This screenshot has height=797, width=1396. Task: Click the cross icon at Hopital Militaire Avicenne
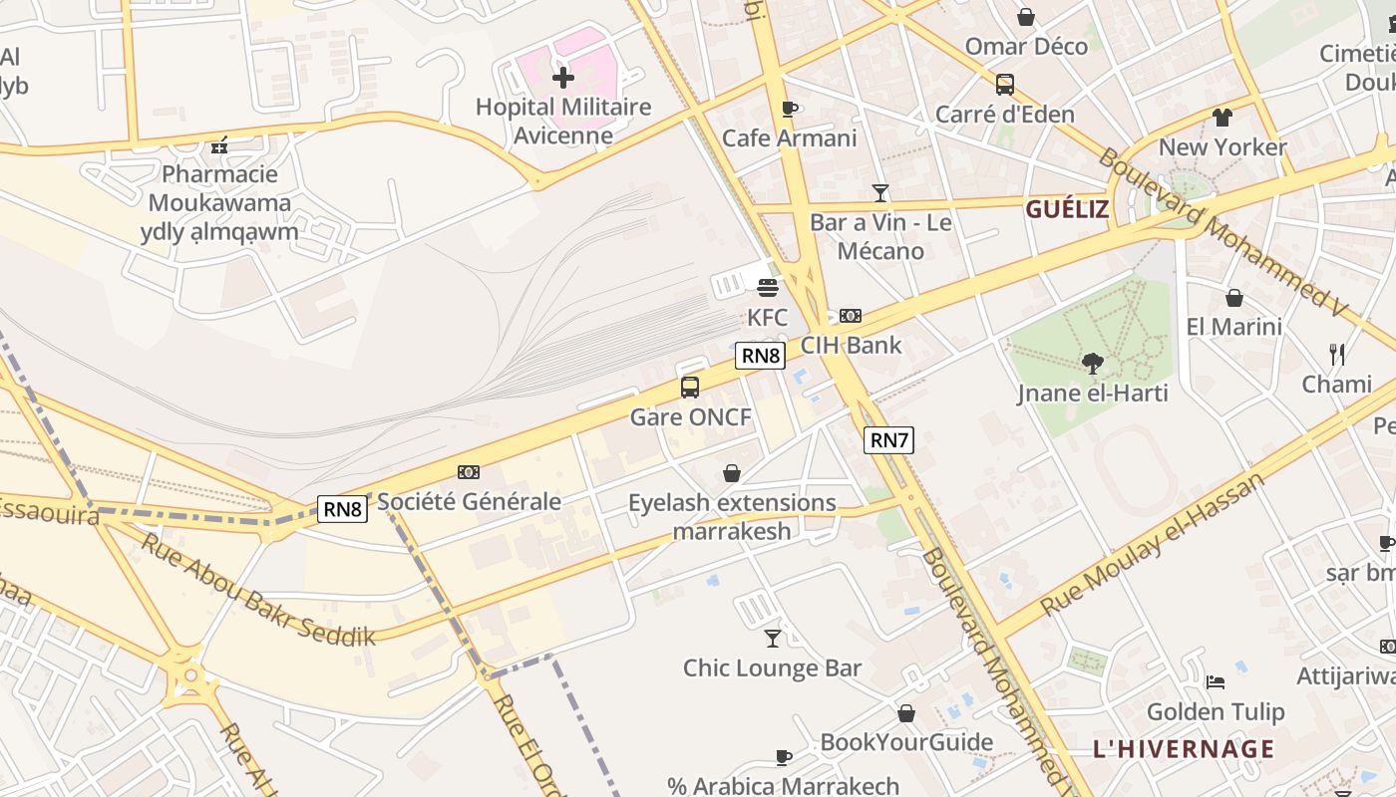[563, 77]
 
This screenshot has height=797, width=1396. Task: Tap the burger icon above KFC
[768, 288]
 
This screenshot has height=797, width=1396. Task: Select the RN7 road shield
[888, 439]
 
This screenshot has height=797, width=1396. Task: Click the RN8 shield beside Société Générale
[342, 509]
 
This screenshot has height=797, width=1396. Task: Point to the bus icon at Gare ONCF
[690, 388]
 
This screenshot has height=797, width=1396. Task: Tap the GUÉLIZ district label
[1067, 209]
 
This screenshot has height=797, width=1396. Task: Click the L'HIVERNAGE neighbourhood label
[1184, 749]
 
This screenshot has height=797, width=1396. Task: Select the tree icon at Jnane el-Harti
[1093, 364]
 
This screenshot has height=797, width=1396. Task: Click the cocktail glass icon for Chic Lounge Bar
[773, 638]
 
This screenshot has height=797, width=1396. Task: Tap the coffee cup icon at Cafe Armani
[790, 109]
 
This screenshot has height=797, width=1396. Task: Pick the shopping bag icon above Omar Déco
[1025, 17]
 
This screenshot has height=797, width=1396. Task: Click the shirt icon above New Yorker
[1222, 118]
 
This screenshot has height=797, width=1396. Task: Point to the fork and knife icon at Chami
[1337, 354]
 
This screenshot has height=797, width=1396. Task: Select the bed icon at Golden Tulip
[1216, 682]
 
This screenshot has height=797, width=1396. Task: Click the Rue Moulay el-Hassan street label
[1153, 544]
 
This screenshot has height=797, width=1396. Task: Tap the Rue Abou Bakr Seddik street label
[257, 590]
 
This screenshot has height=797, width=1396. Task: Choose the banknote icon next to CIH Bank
[851, 316]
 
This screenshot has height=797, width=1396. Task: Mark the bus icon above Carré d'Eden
[1005, 85]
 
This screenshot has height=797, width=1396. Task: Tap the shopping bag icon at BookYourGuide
[906, 713]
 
